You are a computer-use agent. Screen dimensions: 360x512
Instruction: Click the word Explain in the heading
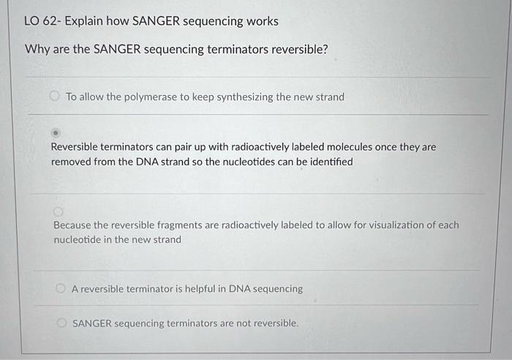click(86, 21)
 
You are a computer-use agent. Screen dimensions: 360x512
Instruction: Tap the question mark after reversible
click(325, 49)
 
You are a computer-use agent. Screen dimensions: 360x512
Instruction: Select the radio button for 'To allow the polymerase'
click(54, 96)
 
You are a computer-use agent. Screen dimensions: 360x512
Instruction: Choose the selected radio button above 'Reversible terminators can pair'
click(56, 134)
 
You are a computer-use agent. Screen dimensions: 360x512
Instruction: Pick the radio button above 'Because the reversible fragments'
click(58, 211)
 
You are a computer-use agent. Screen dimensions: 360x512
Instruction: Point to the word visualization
click(388, 225)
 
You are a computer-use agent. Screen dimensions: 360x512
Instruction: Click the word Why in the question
click(37, 49)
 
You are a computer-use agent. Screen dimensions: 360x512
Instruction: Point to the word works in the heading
click(262, 21)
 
